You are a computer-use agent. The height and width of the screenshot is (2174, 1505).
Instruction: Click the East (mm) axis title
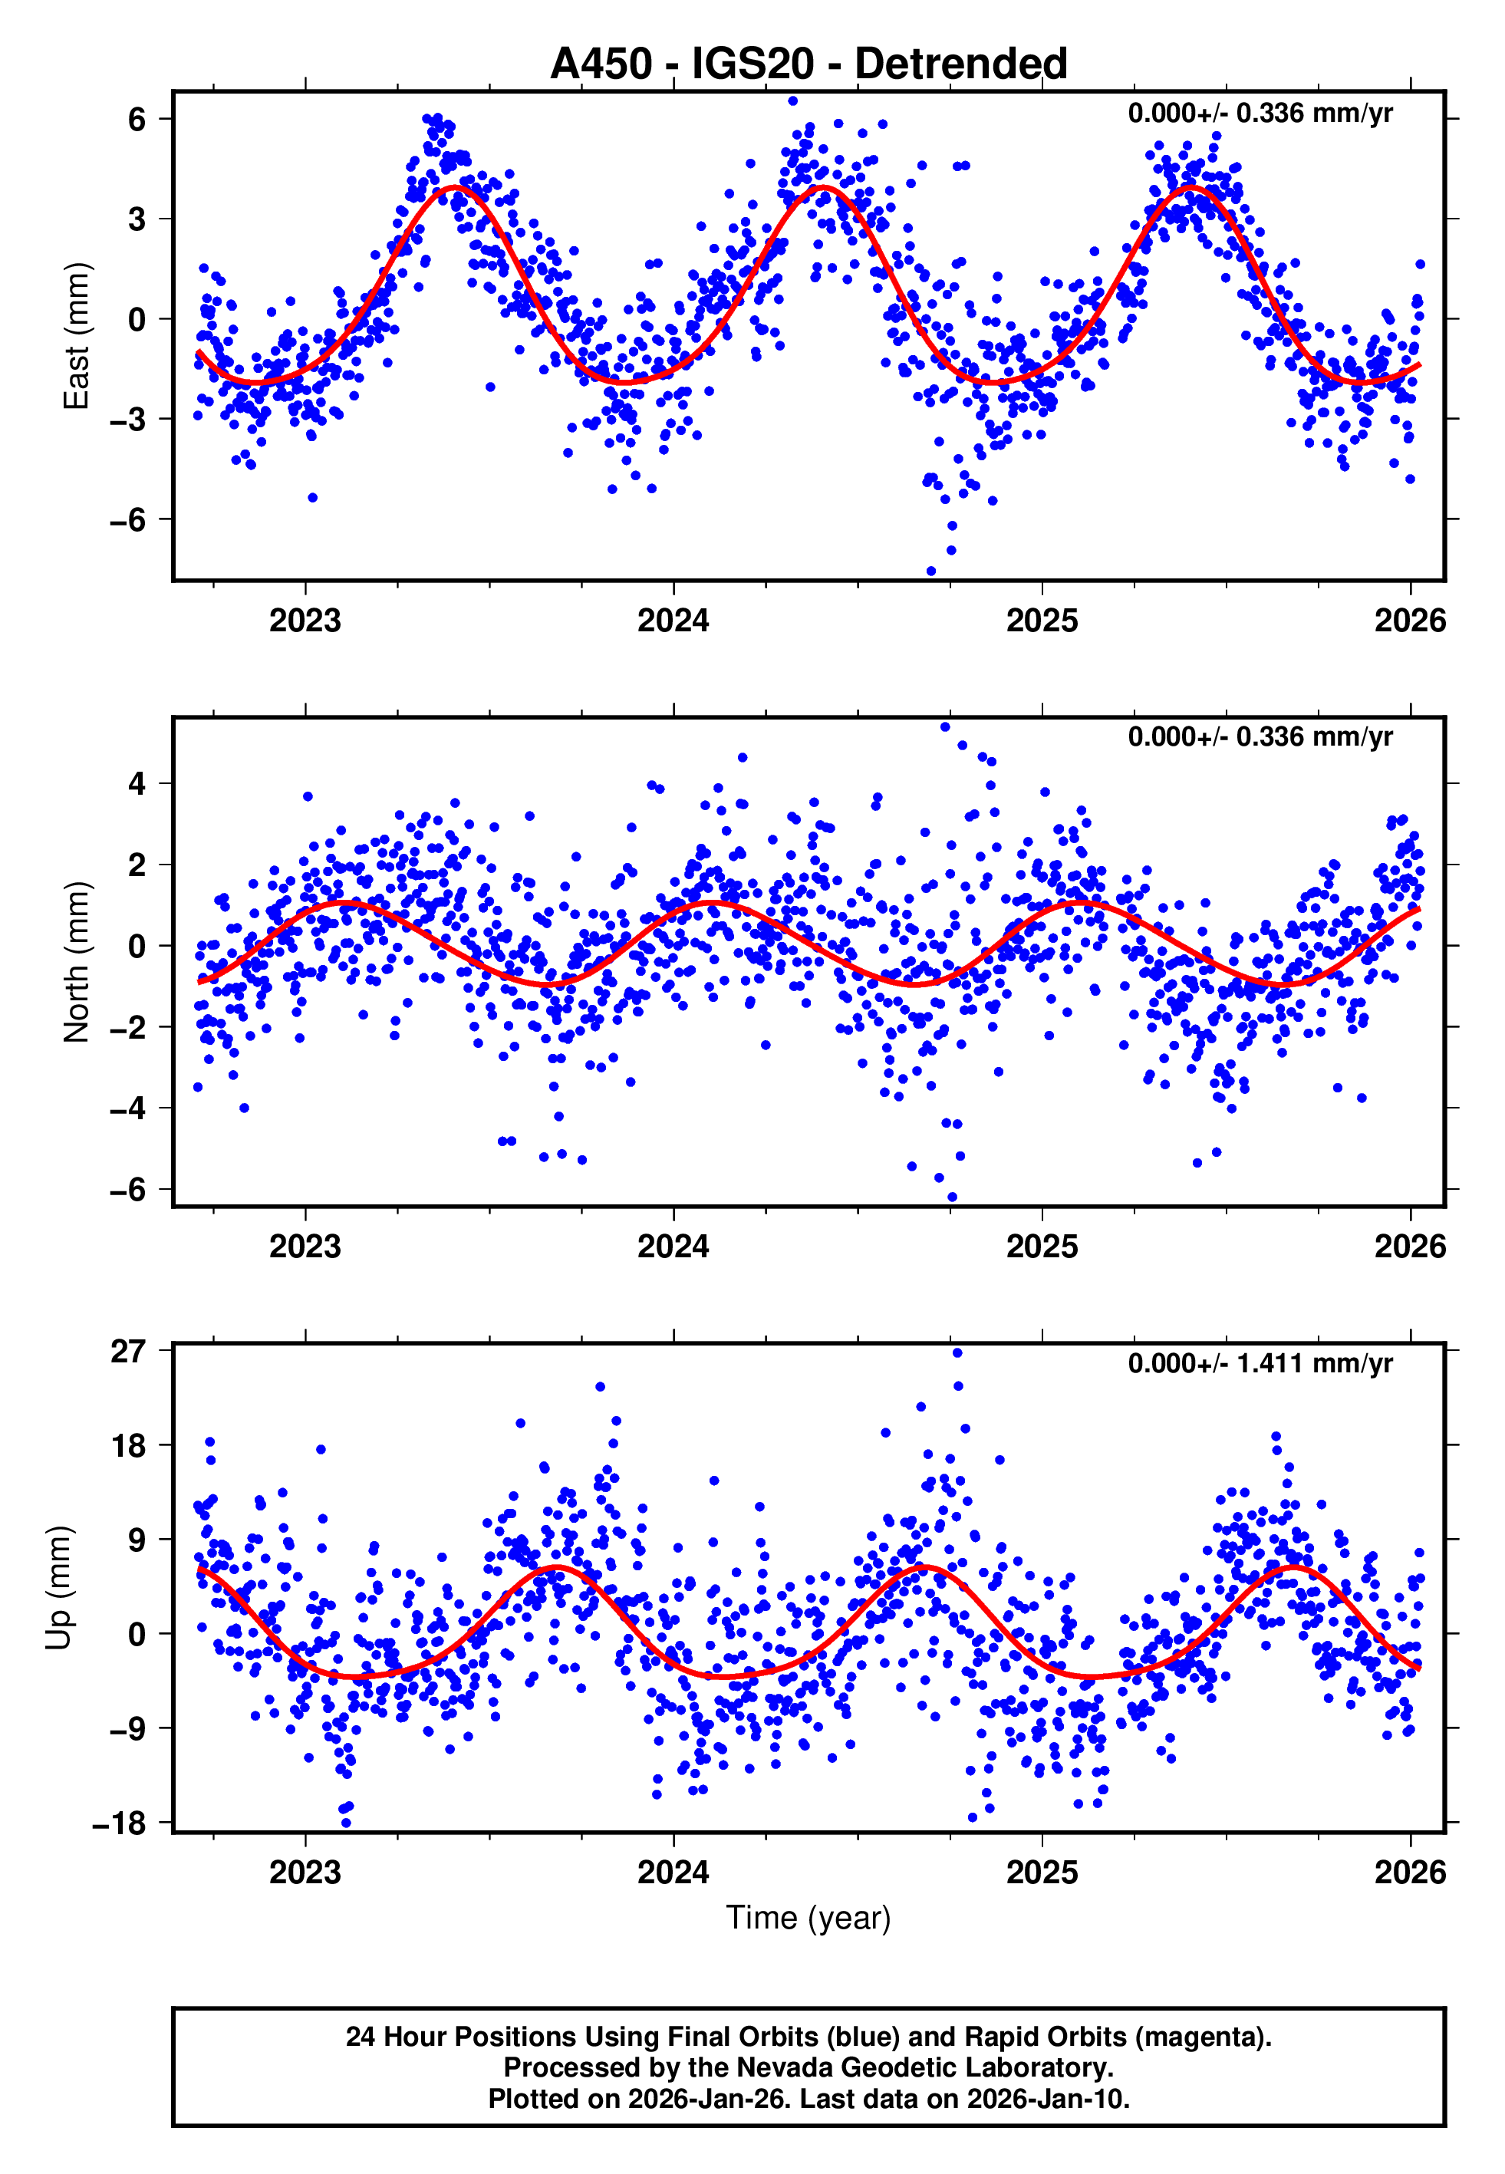click(75, 337)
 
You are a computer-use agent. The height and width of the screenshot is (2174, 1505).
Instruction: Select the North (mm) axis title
click(75, 962)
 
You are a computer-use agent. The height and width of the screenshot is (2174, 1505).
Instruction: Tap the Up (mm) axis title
click(58, 1588)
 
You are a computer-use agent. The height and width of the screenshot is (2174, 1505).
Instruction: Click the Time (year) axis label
click(808, 1919)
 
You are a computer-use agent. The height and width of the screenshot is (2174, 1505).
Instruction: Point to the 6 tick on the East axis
click(137, 120)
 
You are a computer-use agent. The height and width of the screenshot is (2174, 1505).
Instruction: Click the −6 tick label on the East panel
click(127, 519)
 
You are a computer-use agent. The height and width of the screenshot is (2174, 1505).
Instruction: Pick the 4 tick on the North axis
click(137, 783)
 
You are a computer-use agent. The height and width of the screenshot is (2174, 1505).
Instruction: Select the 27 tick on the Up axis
click(128, 1352)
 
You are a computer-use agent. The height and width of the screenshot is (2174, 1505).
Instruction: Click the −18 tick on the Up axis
click(119, 1824)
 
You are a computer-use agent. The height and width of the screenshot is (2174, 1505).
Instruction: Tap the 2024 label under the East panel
click(673, 621)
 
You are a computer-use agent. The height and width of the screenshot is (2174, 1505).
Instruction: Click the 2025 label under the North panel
click(1041, 1247)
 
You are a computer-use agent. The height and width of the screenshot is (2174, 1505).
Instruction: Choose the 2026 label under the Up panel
click(1410, 1873)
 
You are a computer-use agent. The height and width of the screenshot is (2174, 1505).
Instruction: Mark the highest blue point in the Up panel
click(957, 1353)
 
